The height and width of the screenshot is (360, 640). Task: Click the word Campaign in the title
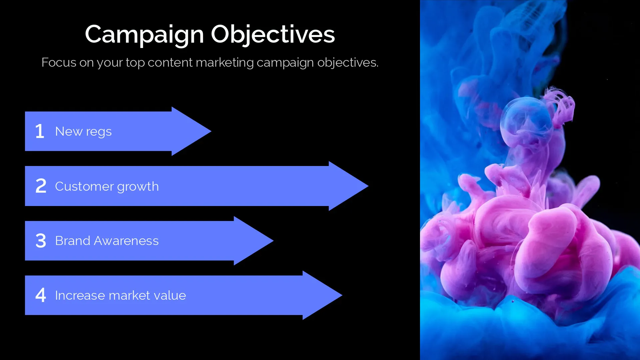[x=144, y=35]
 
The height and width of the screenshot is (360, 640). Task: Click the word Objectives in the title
[x=273, y=35]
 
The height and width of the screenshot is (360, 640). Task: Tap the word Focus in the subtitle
[x=59, y=62]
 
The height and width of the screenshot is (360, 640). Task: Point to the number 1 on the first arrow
[x=40, y=131]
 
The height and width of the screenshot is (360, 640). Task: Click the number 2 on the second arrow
[x=41, y=186]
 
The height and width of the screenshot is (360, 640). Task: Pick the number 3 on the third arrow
[x=41, y=240]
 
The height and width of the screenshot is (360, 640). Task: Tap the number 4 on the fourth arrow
[x=41, y=295]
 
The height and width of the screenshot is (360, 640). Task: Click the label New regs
[x=83, y=132]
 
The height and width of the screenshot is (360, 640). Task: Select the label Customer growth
[x=107, y=186]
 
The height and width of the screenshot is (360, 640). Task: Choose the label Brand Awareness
[x=107, y=241]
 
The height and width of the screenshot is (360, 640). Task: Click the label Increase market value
[x=121, y=295]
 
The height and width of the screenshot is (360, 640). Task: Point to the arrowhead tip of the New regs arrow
[x=211, y=131]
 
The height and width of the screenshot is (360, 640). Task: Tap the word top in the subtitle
[x=135, y=63]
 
